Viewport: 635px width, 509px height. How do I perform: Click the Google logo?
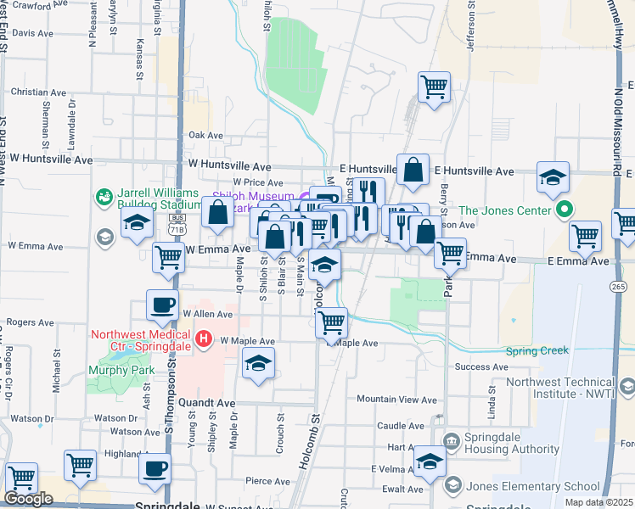coord(29,499)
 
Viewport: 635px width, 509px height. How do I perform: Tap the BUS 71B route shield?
coord(177,225)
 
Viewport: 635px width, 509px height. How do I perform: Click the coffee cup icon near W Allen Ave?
coord(161,305)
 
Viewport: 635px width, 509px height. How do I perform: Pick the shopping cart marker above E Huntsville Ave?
coord(434,86)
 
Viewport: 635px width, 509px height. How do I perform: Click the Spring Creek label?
coord(537,350)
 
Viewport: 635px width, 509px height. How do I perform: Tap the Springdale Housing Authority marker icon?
coord(451,439)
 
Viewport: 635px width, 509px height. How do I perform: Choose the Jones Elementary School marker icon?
coord(452,485)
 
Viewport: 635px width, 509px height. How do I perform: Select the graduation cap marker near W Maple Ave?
coord(258,365)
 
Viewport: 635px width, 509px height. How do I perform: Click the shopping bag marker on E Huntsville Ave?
coord(413,169)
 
